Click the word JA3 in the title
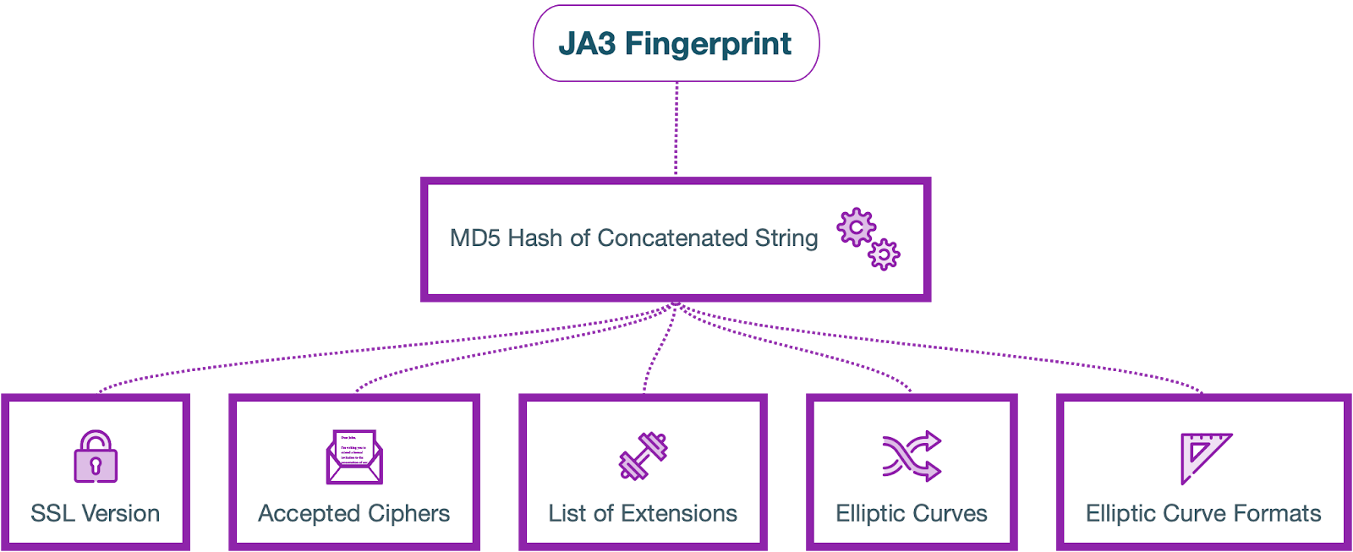[x=588, y=44]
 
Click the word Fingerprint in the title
[x=708, y=44]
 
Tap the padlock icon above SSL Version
[x=96, y=457]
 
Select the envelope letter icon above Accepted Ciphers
[x=354, y=457]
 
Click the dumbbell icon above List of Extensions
[x=643, y=456]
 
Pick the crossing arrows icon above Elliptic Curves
[x=912, y=456]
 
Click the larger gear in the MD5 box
[x=856, y=227]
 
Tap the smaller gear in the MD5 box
[x=884, y=254]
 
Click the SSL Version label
[x=95, y=513]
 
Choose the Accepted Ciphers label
[x=353, y=513]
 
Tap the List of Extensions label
[x=643, y=513]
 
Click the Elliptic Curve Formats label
[x=1203, y=513]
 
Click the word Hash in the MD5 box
[x=535, y=238]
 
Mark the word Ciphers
[x=408, y=513]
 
